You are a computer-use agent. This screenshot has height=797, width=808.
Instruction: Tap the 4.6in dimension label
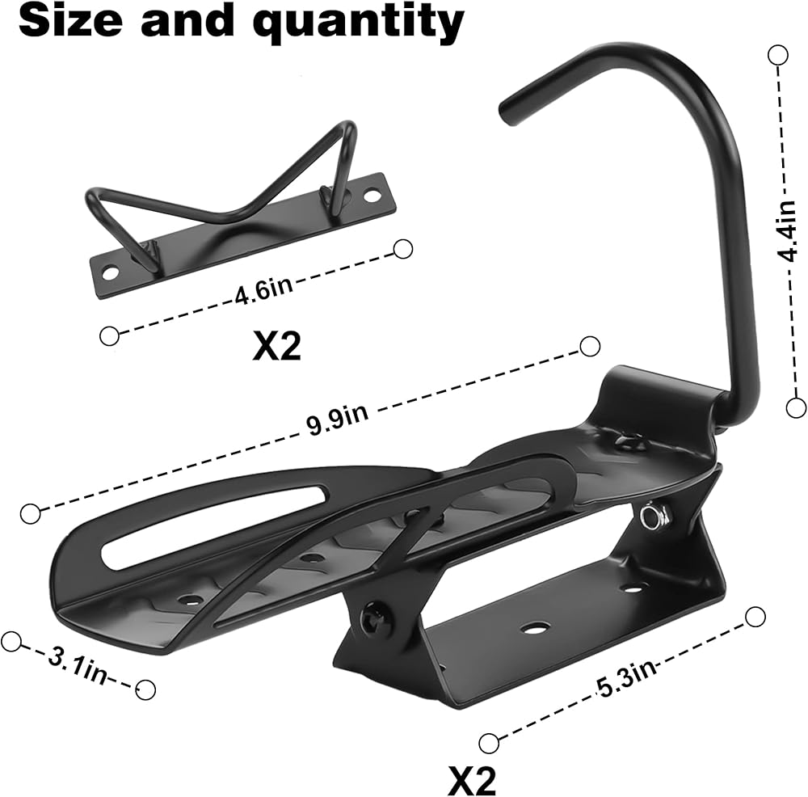pos(263,291)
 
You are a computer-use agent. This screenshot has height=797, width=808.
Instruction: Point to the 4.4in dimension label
pos(787,231)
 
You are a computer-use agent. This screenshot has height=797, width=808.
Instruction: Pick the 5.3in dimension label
pos(627,677)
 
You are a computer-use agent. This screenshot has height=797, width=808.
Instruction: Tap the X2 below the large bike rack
pos(472,778)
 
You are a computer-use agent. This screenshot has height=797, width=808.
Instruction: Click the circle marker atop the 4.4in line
pos(777,55)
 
